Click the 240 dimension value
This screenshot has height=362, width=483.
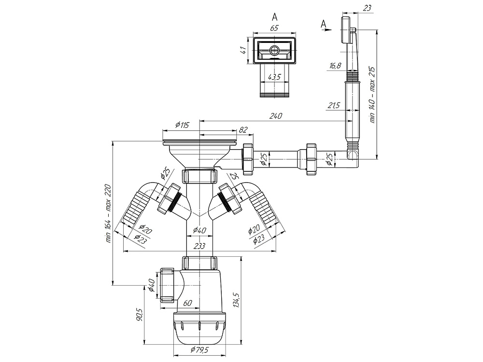click(275, 116)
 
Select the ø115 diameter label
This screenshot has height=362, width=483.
click(182, 125)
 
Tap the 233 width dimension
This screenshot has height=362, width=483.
click(200, 246)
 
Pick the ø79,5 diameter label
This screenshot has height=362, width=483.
click(200, 349)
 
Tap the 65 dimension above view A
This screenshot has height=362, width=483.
click(274, 28)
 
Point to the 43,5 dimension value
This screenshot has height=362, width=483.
click(274, 77)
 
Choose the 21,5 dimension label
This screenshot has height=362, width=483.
click(334, 106)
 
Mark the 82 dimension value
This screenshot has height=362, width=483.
click(243, 129)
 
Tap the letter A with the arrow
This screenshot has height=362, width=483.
click(323, 24)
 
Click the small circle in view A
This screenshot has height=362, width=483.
click(273, 50)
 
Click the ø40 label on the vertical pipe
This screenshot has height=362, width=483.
click(200, 230)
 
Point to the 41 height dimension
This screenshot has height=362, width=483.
click(243, 50)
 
